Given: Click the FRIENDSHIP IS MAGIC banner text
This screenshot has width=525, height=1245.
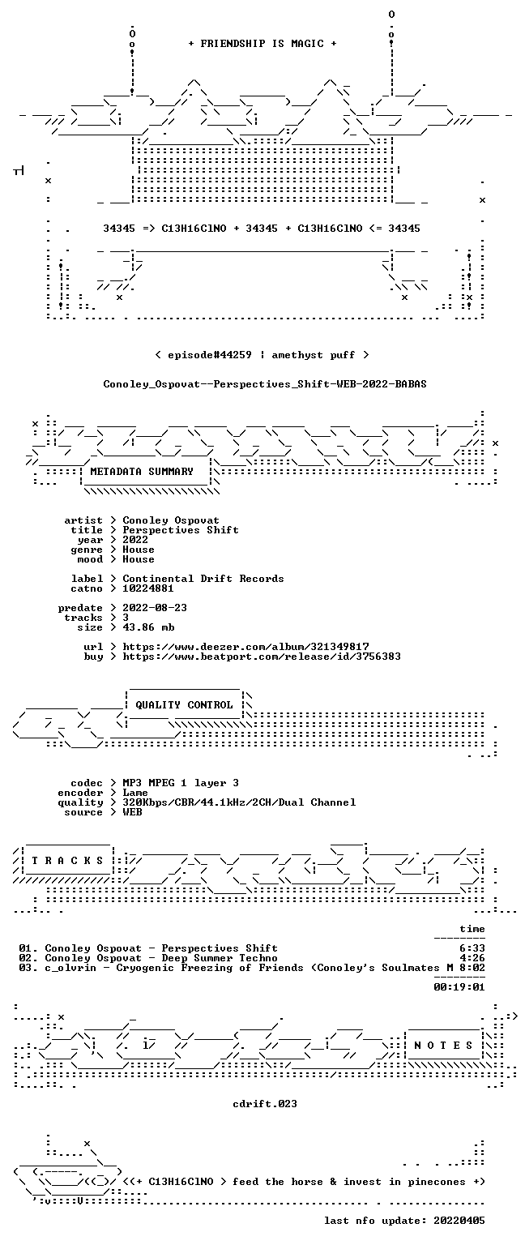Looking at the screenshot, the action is click(262, 44).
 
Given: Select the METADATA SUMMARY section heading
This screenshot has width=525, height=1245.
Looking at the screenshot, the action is click(142, 471).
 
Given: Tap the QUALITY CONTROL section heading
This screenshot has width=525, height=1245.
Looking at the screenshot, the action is click(184, 704).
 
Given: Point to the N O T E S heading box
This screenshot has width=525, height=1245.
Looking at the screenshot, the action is click(443, 1046).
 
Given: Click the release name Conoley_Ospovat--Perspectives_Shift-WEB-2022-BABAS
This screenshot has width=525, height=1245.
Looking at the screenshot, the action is click(265, 384).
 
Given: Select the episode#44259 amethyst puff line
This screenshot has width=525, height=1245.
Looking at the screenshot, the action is click(262, 354).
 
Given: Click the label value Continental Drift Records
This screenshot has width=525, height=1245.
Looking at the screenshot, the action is click(203, 579).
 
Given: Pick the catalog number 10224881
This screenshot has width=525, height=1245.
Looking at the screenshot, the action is click(148, 588).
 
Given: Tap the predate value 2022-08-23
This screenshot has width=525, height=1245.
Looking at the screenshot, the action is click(155, 607).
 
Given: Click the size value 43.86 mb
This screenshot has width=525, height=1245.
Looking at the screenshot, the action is click(148, 627).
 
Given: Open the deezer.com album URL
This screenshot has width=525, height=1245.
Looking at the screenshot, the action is click(245, 646).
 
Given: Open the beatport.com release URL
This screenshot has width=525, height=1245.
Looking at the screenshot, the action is click(262, 657).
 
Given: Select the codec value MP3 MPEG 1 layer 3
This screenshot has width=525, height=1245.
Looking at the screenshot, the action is click(181, 782).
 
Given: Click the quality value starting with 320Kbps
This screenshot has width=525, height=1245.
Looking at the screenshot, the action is click(239, 802).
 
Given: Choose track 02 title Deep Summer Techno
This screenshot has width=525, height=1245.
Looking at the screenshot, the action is click(220, 957).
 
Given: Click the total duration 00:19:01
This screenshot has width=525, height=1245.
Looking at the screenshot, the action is click(459, 987).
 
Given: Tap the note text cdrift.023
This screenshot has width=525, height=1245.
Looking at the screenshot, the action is click(265, 1104).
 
